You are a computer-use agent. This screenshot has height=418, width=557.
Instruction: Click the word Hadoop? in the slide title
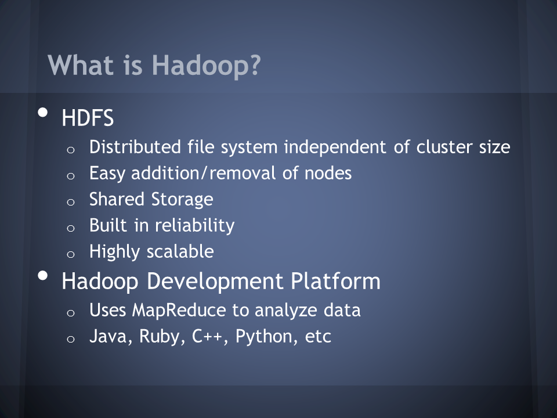coord(207,65)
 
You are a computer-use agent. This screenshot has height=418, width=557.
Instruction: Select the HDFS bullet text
coord(88,118)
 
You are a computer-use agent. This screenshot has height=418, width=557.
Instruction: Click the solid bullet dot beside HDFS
coord(42,112)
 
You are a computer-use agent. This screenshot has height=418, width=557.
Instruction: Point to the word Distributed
coord(135,147)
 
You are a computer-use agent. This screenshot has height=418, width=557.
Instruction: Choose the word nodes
coord(328,173)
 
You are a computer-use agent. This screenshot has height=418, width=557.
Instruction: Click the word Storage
coord(182,199)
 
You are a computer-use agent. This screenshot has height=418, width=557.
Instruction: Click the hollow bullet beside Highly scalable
coord(71,254)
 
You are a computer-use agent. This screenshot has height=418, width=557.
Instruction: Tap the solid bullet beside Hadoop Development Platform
coord(42,276)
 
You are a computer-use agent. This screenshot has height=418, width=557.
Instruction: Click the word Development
coord(215,282)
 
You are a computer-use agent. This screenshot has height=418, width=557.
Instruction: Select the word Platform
coord(336,281)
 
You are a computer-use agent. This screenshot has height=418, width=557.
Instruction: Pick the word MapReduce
coord(179,310)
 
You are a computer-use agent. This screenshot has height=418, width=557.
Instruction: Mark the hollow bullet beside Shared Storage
coord(71,202)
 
